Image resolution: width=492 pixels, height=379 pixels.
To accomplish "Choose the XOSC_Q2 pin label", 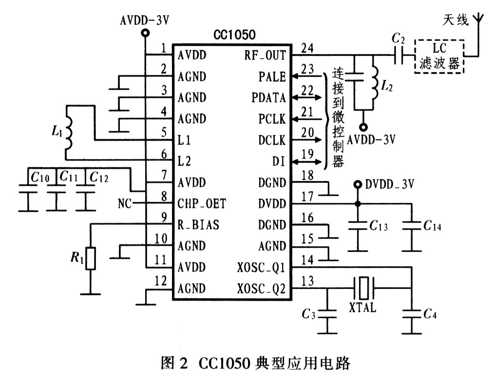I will [262, 289].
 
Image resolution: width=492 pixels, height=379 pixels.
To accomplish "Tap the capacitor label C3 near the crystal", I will [308, 314].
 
